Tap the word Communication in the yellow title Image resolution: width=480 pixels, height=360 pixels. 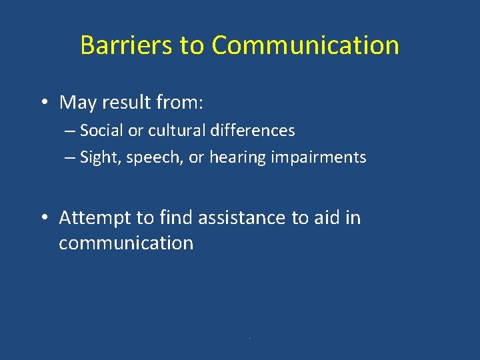pyautogui.click(x=305, y=45)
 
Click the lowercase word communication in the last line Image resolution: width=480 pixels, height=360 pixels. pyautogui.click(x=126, y=243)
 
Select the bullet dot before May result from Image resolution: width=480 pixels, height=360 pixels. pyautogui.click(x=43, y=103)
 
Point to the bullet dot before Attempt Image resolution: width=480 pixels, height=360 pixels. pyautogui.click(x=43, y=219)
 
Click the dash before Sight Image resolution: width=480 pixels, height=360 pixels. pyautogui.click(x=70, y=158)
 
